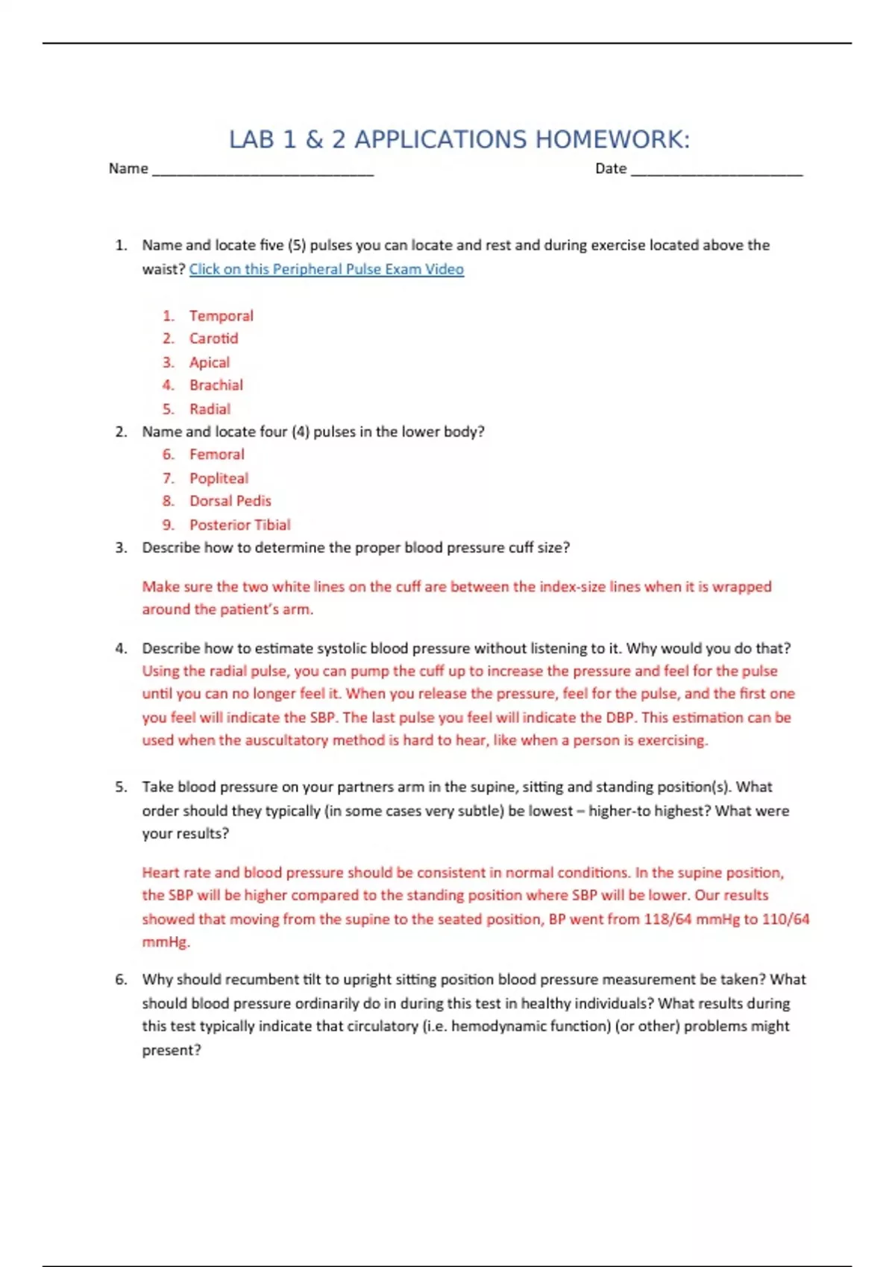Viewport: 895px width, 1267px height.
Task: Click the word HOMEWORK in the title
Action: pos(612,139)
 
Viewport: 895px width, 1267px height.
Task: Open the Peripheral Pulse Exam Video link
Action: pos(326,269)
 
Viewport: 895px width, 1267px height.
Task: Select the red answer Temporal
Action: pos(221,315)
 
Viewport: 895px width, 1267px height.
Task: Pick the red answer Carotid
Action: pos(213,338)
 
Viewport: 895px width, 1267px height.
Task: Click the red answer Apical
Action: pos(210,362)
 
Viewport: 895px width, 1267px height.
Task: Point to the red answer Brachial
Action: pos(216,385)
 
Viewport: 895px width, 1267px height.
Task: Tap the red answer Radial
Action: pos(210,408)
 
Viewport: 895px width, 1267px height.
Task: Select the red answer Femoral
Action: pos(216,454)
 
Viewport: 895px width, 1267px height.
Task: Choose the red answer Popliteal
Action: pos(219,478)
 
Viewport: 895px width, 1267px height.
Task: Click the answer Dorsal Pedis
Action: pos(230,501)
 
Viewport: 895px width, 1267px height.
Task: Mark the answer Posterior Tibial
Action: pos(239,525)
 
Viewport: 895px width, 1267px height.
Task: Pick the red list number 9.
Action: pos(169,525)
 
